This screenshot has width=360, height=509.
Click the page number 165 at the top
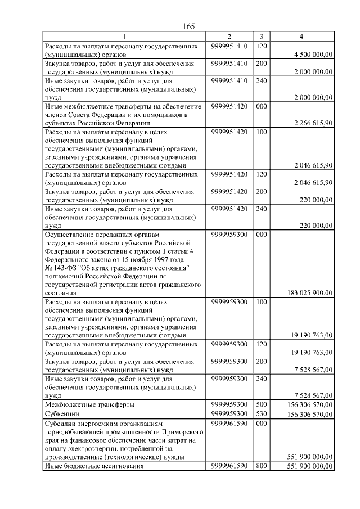(x=188, y=26)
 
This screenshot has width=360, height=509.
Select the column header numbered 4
(x=301, y=37)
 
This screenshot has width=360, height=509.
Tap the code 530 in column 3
(x=261, y=415)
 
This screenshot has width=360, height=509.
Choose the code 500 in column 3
(x=261, y=404)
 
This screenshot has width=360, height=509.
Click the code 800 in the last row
(x=261, y=466)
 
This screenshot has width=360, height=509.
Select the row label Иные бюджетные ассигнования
(x=91, y=466)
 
